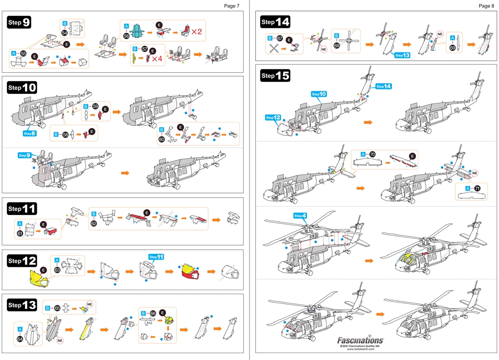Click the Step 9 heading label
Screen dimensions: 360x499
click(x=19, y=23)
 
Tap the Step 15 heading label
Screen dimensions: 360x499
click(x=275, y=76)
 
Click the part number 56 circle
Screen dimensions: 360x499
click(x=126, y=35)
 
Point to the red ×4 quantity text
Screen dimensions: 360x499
click(x=157, y=59)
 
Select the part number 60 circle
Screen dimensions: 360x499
click(x=162, y=138)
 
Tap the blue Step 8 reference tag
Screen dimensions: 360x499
click(x=30, y=133)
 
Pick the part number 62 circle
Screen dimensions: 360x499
click(x=94, y=224)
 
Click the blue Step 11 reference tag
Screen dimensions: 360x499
click(x=156, y=257)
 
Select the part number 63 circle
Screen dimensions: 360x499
click(x=57, y=270)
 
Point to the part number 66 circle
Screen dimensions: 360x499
click(x=152, y=313)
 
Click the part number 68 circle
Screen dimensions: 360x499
click(x=337, y=46)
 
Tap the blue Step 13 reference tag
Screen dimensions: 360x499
click(x=402, y=55)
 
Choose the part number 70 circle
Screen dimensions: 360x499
click(x=372, y=154)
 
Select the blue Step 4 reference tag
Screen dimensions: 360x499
click(x=301, y=216)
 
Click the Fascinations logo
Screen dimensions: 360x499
click(x=360, y=340)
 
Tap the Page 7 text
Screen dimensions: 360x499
click(x=232, y=6)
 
